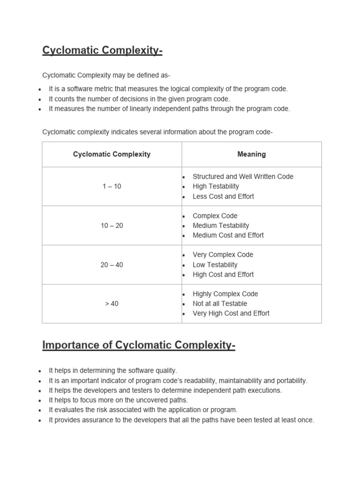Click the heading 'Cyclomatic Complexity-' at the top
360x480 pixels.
[102, 51]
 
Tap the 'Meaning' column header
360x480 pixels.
[251, 154]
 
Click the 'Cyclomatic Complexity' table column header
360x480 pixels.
[112, 154]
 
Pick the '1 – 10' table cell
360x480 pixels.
[112, 187]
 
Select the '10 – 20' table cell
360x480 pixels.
[112, 225]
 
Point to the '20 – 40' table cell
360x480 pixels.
[112, 265]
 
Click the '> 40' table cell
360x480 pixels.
[112, 304]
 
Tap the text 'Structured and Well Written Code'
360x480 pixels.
[243, 177]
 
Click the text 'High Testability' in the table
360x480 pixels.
[216, 187]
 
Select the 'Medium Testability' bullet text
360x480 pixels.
[221, 225]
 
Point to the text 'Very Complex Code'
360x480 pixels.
[223, 255]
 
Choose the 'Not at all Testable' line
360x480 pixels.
[220, 304]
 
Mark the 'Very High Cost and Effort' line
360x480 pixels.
[231, 314]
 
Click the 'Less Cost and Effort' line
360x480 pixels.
[223, 196]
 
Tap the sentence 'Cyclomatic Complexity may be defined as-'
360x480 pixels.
[106, 75]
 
